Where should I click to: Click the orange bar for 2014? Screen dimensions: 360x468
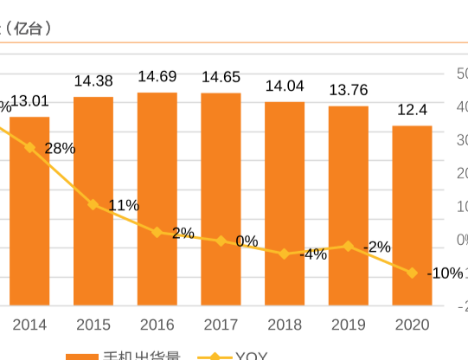29,211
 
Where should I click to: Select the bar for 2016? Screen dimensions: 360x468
157,199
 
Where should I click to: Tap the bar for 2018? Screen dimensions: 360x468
285,203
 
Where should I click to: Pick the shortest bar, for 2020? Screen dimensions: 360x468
412,215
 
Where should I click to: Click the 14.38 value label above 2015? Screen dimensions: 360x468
93,80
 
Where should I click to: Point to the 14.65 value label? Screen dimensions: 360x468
221,77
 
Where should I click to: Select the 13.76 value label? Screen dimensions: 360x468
349,90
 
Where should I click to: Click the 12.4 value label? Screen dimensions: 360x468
412,110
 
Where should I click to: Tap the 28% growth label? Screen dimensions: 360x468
60,148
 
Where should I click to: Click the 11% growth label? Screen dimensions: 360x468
124,205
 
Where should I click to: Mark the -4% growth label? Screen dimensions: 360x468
312,254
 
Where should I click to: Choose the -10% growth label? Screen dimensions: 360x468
445,273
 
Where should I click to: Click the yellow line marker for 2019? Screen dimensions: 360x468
349,246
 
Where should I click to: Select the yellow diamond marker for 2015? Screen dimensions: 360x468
93,204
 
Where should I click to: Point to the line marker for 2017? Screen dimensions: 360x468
221,241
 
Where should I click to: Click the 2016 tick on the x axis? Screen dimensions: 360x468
157,325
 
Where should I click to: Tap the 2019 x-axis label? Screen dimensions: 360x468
349,325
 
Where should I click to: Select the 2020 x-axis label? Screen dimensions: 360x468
412,325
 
